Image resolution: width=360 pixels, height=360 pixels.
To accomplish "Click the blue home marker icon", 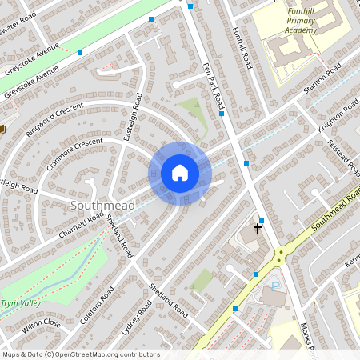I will [x=180, y=173].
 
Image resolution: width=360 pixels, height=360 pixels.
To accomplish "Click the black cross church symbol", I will [x=258, y=228].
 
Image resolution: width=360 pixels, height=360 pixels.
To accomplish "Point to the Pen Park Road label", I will [x=213, y=86].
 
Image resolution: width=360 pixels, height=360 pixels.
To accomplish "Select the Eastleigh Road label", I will [x=132, y=118].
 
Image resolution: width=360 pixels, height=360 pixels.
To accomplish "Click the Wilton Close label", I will [x=42, y=324].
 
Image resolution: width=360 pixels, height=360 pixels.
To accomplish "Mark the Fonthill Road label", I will [x=242, y=48].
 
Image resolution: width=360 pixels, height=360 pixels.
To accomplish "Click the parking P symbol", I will [x=275, y=286].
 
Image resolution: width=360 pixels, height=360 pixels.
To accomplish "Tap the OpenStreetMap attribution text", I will [x=80, y=354].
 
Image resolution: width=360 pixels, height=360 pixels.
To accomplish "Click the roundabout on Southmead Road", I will [x=281, y=258].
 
